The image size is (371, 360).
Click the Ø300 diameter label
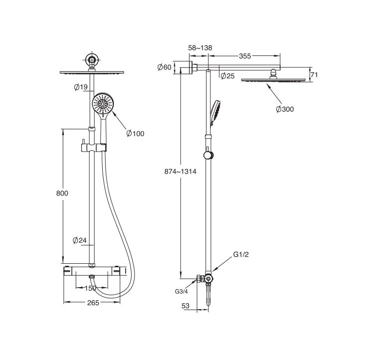(x=285, y=109)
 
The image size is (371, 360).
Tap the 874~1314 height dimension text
(x=181, y=172)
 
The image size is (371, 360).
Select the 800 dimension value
(x=62, y=193)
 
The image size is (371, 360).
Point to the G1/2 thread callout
(x=241, y=254)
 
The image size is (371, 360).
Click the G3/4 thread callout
(x=181, y=291)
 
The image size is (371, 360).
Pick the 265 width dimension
(x=93, y=303)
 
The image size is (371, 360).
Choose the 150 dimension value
(x=90, y=288)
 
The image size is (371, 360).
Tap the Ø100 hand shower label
(x=135, y=134)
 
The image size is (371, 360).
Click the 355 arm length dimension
(x=245, y=56)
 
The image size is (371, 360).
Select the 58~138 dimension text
(x=200, y=48)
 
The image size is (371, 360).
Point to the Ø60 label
(x=164, y=67)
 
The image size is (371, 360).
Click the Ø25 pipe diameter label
(x=227, y=76)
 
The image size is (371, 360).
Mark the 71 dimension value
(x=314, y=75)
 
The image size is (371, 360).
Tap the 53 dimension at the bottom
(x=185, y=306)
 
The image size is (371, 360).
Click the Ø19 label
(x=81, y=87)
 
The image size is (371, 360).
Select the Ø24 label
(x=80, y=240)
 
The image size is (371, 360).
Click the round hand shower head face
(x=103, y=104)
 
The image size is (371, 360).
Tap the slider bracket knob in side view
(x=208, y=155)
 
